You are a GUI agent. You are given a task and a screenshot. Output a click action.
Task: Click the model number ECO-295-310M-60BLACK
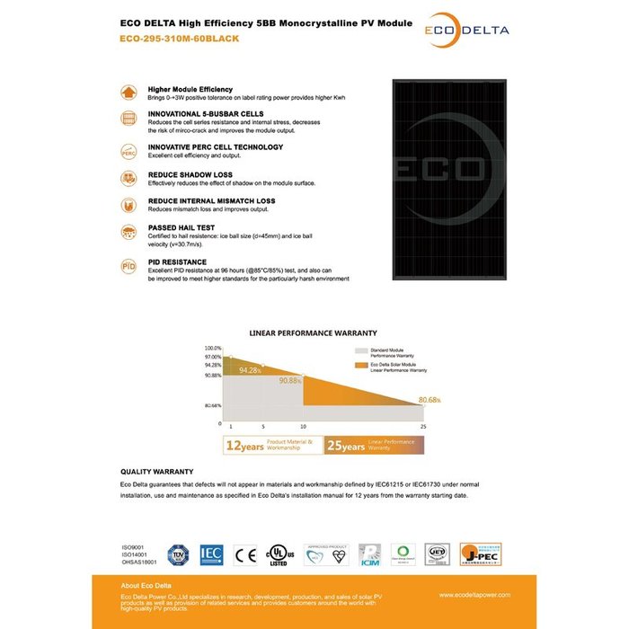tap(179, 39)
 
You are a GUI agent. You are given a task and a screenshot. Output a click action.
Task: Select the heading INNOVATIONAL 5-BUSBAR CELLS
tap(205, 114)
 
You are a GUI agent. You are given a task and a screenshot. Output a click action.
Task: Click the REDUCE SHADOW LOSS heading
tap(190, 174)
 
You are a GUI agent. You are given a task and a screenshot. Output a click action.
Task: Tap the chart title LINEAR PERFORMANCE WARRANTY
tap(313, 332)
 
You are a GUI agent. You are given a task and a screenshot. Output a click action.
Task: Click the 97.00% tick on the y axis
tap(212, 357)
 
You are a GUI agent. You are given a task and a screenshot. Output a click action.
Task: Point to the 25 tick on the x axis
tap(422, 426)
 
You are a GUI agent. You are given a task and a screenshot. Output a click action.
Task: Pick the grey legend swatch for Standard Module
tap(360, 350)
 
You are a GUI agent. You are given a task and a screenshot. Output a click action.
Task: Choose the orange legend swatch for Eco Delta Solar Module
tap(360, 365)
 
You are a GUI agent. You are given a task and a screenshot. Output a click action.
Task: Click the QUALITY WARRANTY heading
tap(156, 471)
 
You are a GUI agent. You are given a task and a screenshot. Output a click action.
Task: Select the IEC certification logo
tap(211, 555)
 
